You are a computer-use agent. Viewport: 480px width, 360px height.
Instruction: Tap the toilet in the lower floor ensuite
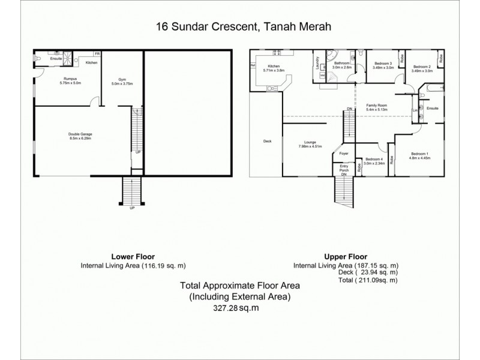click(x=38, y=59)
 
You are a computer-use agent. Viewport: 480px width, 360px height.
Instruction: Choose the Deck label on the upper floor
click(x=267, y=142)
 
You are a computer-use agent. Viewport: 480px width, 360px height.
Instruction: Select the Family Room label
click(x=377, y=106)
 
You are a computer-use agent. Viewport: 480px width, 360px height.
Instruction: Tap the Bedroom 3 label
click(x=382, y=64)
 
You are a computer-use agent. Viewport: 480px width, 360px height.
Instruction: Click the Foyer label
click(x=344, y=154)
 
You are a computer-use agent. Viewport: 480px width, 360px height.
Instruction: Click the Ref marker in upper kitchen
click(x=253, y=65)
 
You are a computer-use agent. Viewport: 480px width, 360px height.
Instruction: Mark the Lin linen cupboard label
click(x=415, y=110)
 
